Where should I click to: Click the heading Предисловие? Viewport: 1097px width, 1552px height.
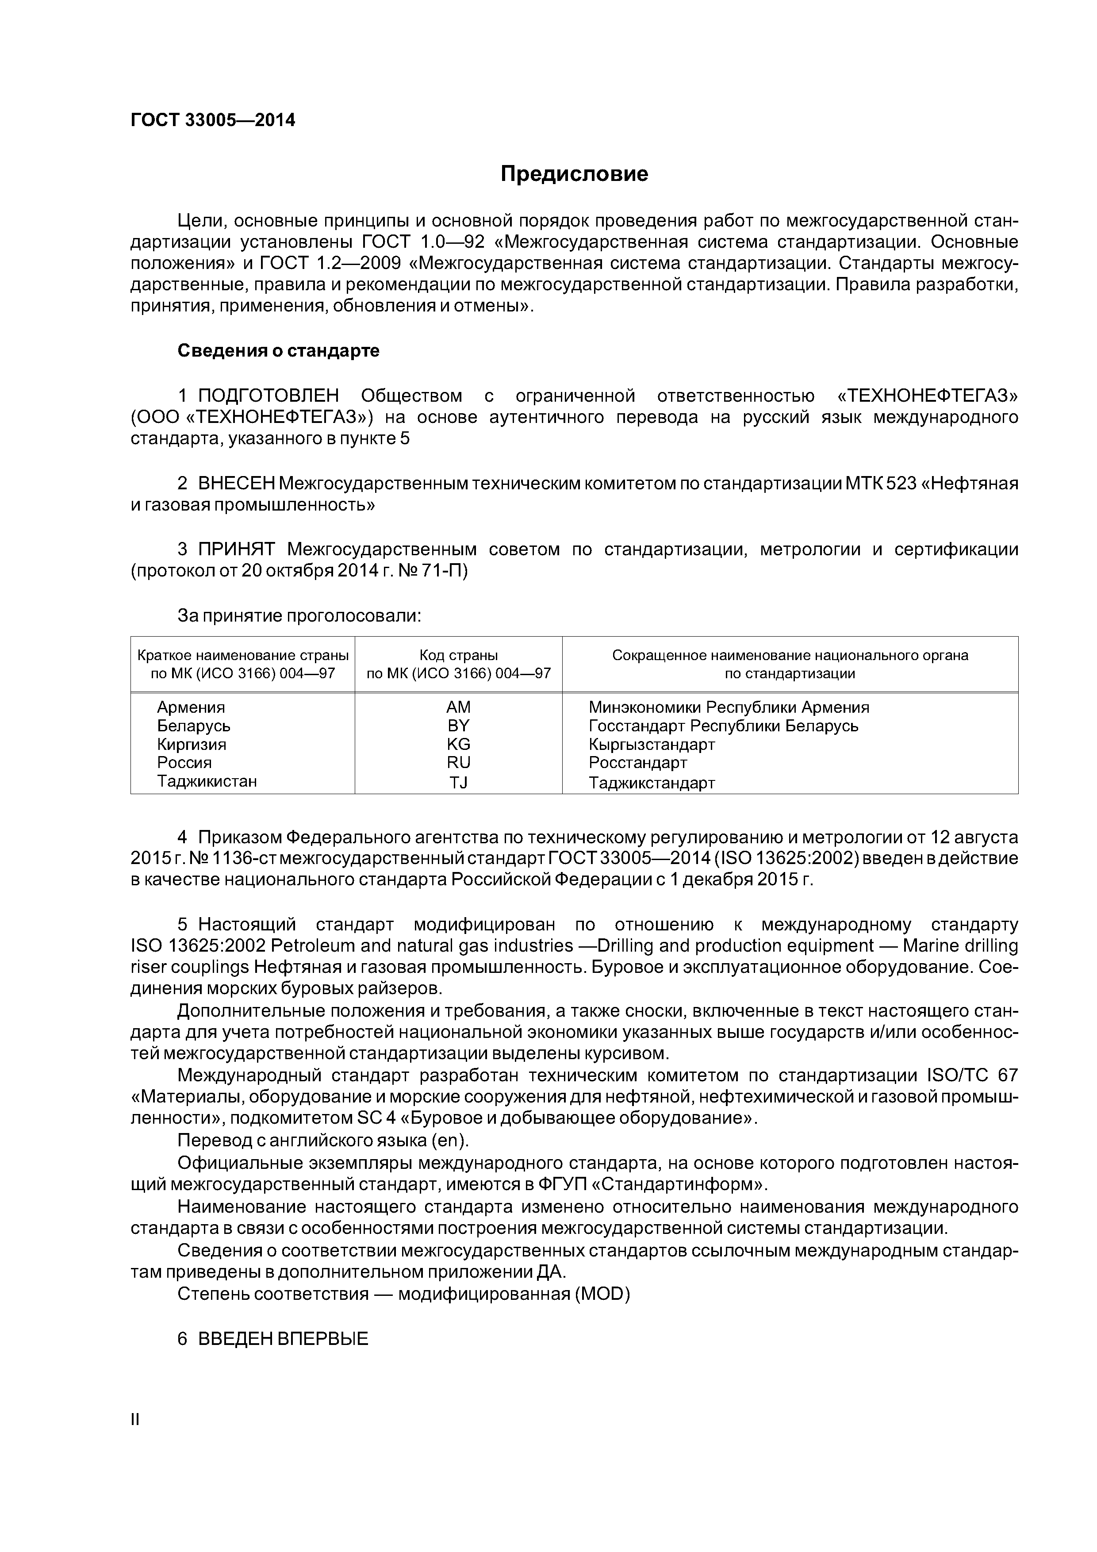click(574, 174)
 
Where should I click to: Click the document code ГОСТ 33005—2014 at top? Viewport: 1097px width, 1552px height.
click(213, 120)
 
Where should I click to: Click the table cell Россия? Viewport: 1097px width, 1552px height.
click(184, 762)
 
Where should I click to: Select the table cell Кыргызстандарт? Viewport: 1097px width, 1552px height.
click(652, 744)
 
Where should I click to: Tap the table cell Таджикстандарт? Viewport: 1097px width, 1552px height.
click(652, 783)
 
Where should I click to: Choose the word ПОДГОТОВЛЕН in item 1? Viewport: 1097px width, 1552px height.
click(268, 396)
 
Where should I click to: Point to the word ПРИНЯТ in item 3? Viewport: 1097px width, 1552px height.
click(236, 549)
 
